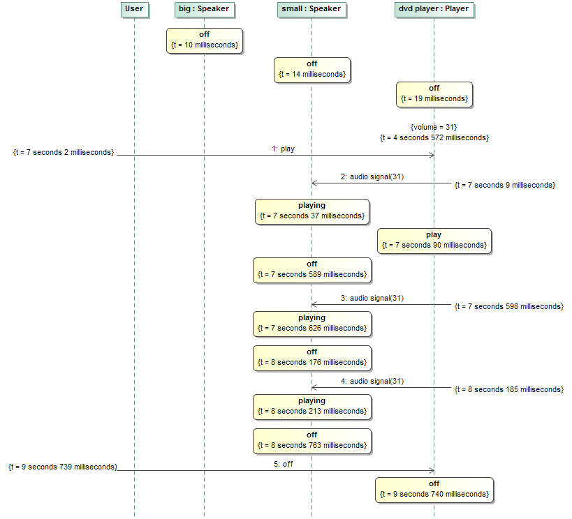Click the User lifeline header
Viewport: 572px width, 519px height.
[x=133, y=9]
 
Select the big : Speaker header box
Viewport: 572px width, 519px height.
[x=204, y=9]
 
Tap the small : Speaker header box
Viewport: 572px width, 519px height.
[x=311, y=9]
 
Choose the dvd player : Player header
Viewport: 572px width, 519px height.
[x=433, y=9]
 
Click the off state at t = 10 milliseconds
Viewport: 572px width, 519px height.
[x=204, y=40]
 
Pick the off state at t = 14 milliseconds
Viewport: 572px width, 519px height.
[x=311, y=69]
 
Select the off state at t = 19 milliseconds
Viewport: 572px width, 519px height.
[x=434, y=93]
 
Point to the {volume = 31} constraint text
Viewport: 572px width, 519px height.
[x=434, y=127]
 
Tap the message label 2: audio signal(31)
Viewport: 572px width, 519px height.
[x=372, y=177]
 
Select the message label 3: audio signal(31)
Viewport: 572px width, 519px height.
[x=372, y=299]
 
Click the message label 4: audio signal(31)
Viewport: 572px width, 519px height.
[x=372, y=382]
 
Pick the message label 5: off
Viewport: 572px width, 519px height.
[x=283, y=464]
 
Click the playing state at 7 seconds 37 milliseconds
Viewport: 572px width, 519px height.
[x=311, y=211]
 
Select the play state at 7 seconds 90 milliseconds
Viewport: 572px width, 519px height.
[x=434, y=240]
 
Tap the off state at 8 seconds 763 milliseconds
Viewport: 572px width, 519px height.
[x=311, y=440]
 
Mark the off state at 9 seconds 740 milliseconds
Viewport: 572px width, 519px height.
[x=434, y=489]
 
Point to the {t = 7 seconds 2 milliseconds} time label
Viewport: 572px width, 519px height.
[x=64, y=152]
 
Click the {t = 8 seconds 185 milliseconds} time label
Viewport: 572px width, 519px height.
[x=508, y=389]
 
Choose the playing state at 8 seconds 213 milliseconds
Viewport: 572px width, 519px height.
[x=311, y=406]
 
